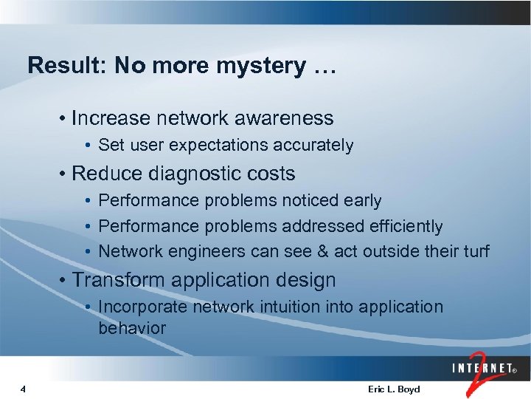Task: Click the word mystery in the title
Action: point(260,66)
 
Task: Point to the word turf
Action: point(473,251)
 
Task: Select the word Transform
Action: point(119,281)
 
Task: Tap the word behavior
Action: point(132,327)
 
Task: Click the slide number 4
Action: point(24,389)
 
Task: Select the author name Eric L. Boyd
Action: point(393,389)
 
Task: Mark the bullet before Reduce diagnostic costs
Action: point(65,174)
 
